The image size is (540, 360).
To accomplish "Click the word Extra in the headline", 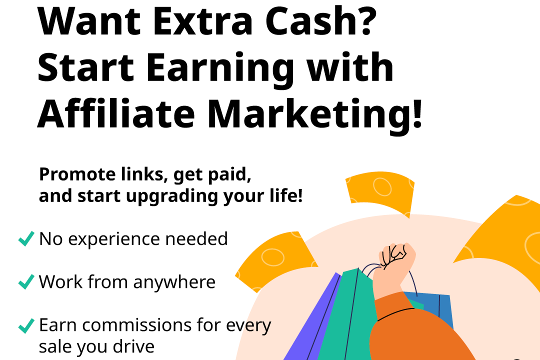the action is pos(202,21).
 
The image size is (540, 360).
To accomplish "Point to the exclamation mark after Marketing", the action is pos(417,113).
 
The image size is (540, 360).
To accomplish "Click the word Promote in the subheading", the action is pos(77,174).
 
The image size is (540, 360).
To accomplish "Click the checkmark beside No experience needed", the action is pos(26,238).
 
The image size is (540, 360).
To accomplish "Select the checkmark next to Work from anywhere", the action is pos(26,281).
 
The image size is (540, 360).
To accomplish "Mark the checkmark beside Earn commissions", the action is pos(26,325).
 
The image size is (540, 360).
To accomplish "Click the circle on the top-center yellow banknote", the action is pos(382,186).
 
